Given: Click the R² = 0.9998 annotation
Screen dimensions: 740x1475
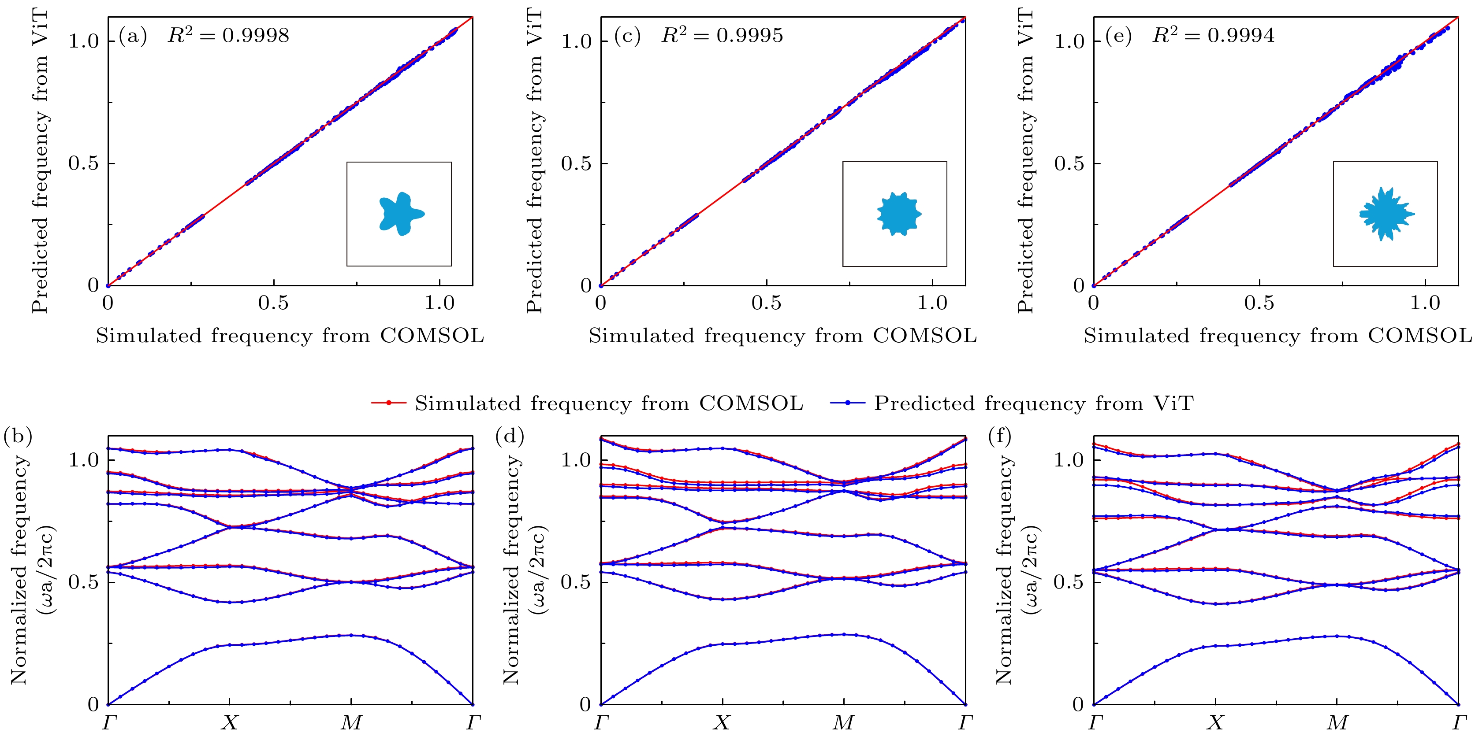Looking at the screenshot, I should coord(228,36).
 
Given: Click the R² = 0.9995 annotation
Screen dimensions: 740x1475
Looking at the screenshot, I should coord(722,36).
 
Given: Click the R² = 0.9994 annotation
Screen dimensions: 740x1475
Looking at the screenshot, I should coord(1213,36).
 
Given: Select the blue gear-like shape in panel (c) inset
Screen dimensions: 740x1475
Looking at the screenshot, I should coord(898,214).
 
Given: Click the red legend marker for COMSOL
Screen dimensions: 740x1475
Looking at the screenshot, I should coord(389,403).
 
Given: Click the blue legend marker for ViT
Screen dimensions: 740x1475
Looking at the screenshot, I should coord(847,403).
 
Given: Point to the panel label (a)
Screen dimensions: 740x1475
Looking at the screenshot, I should coord(133,36).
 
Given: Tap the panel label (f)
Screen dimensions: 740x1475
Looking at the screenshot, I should coord(1000,437).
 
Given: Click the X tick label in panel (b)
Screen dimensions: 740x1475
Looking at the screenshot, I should coord(230,723).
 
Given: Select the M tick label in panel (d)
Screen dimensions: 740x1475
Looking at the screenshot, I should coord(843,723).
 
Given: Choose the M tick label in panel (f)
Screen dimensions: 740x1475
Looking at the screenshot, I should coord(1337,723).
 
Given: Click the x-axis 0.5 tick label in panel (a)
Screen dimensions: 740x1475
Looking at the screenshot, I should coord(273,303).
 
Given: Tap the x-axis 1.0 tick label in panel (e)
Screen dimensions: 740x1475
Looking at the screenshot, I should coord(1425,303).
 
